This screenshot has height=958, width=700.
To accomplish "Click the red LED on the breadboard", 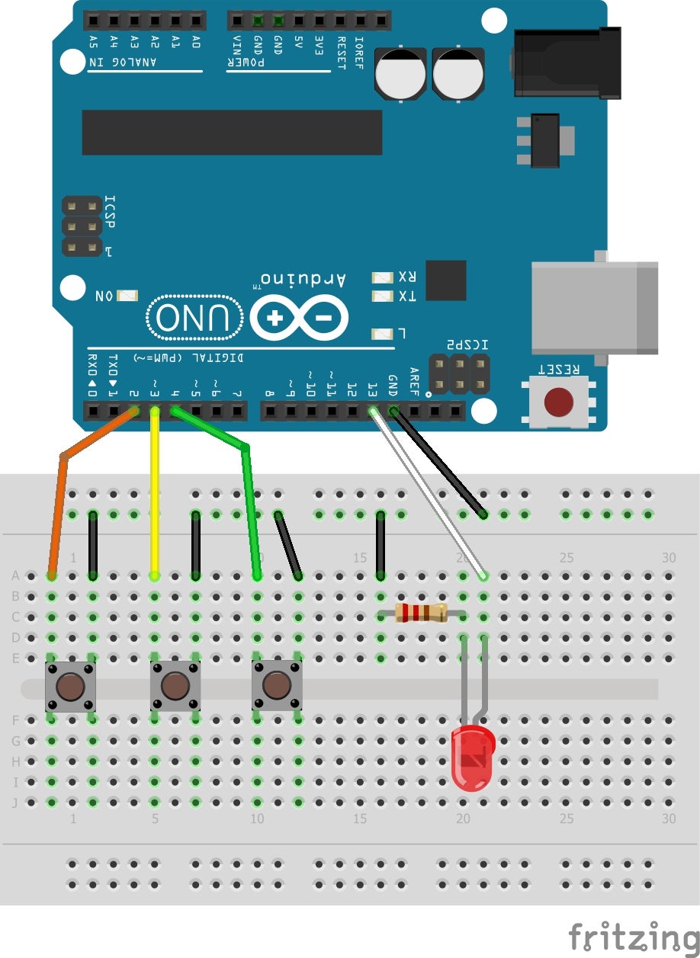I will [x=473, y=758].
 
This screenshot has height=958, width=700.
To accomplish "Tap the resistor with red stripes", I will [x=421, y=612].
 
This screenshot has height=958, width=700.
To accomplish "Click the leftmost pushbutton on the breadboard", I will [x=70, y=687].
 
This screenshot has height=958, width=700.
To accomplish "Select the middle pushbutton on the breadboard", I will [x=175, y=686].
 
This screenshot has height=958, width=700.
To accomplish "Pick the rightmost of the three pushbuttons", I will [x=277, y=686].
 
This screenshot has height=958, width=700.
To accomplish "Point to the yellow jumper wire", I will [x=155, y=495].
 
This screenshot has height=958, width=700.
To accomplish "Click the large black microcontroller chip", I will [x=232, y=132].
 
